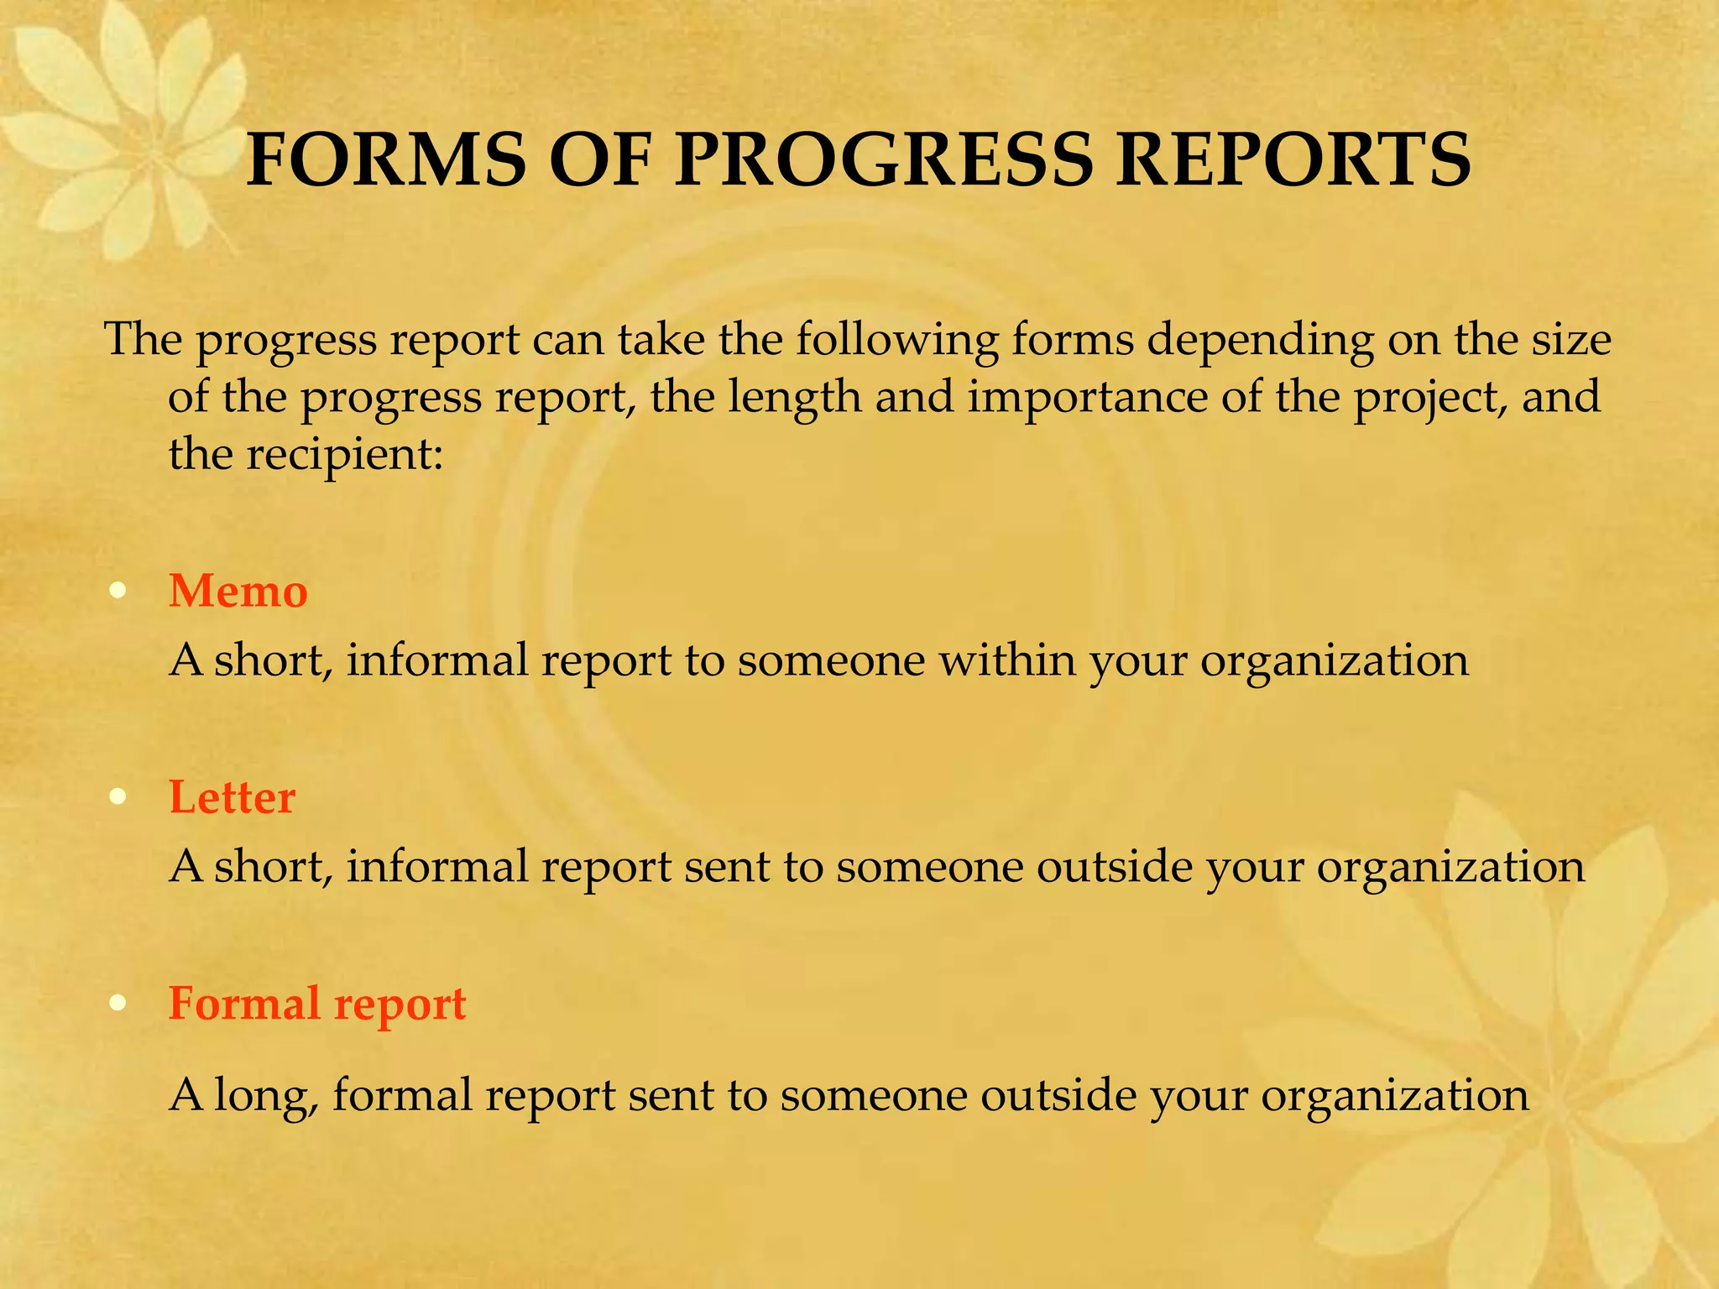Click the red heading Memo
coord(238,591)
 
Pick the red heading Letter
coord(232,796)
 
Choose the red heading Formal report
coord(317,1004)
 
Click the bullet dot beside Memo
coord(118,591)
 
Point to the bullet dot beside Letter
coord(118,796)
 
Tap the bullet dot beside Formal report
coord(118,1003)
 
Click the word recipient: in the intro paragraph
coord(343,455)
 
